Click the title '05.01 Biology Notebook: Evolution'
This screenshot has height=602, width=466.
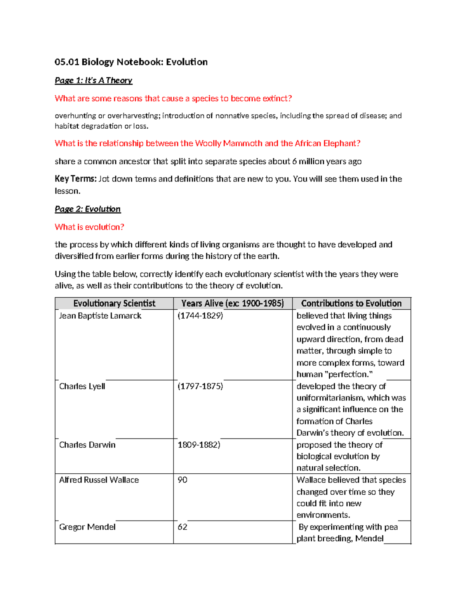tap(131, 62)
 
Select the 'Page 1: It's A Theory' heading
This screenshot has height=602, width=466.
tap(93, 80)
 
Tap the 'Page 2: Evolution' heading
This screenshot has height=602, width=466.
tap(87, 209)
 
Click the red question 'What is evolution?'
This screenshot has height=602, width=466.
tap(89, 227)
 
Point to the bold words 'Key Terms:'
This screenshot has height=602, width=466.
tap(75, 179)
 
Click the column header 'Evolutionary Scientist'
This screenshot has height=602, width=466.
tap(114, 303)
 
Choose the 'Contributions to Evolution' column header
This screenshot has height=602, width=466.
tap(351, 303)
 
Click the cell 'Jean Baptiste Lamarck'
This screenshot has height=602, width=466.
tap(100, 316)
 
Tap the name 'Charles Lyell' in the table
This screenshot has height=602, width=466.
tap(82, 386)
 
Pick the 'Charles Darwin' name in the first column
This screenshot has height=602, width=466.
tap(87, 445)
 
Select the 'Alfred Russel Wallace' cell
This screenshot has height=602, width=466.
tap(99, 480)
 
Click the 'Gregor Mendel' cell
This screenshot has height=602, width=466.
tap(87, 527)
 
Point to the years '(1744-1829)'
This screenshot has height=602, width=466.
tap(200, 316)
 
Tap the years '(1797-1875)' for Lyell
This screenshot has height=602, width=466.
tap(200, 386)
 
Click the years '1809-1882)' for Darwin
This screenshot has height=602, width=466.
tap(198, 445)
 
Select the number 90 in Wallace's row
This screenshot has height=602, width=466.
tap(182, 480)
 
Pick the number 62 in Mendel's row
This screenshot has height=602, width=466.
tap(182, 527)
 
